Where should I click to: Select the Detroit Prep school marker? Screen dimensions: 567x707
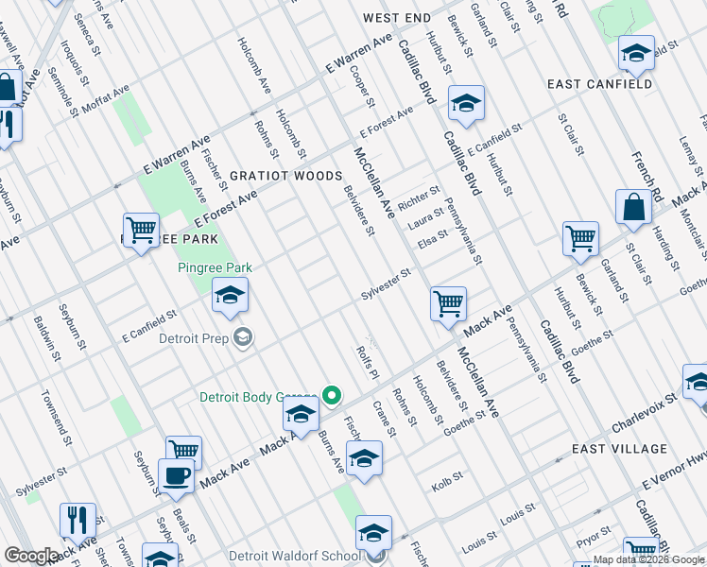pos(244,337)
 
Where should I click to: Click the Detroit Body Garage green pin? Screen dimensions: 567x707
pos(332,397)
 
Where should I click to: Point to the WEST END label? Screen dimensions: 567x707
pos(396,18)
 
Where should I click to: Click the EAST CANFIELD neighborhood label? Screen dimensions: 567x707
pos(599,84)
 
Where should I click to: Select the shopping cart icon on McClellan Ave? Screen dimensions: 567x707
pos(448,304)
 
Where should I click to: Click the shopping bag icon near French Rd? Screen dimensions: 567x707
pos(632,208)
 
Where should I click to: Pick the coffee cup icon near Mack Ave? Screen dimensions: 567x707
pos(177,476)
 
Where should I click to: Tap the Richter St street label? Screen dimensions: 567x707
pos(420,200)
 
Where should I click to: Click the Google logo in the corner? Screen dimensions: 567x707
pos(31,556)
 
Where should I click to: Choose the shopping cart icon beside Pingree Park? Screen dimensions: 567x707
pos(141,231)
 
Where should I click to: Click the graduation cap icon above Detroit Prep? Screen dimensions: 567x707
pos(230,296)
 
